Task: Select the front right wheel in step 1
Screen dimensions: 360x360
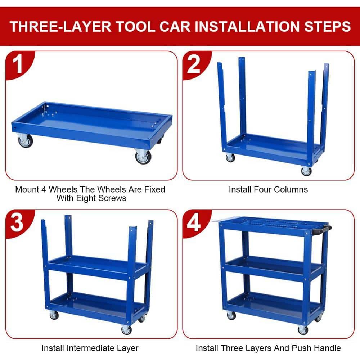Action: [x=143, y=157]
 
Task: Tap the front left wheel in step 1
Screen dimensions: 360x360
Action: [x=25, y=140]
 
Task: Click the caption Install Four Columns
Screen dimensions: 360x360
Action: [x=268, y=189]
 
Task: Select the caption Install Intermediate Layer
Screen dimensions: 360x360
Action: [x=90, y=348]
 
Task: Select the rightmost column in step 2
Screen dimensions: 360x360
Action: [x=325, y=104]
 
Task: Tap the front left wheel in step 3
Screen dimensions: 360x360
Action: [x=54, y=315]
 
